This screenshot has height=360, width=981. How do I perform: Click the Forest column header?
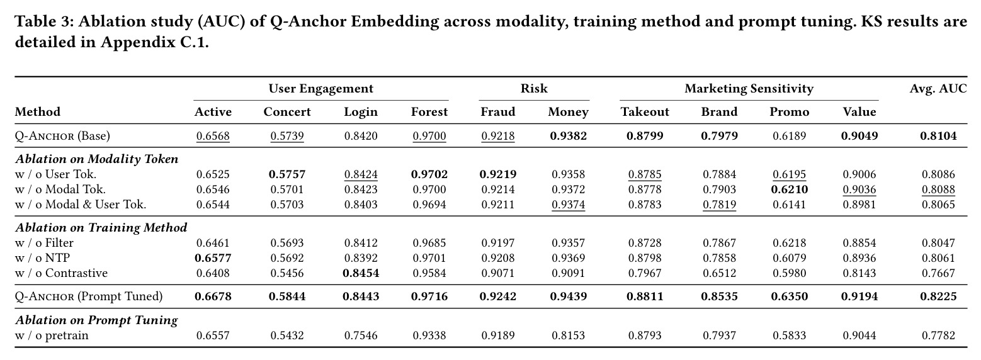click(429, 111)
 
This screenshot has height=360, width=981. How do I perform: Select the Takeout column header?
click(645, 111)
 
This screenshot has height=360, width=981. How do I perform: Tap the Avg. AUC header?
click(938, 89)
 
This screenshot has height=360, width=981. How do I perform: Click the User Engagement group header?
click(321, 89)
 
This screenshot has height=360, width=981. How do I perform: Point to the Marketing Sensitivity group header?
click(749, 89)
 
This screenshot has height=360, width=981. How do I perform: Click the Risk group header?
click(534, 89)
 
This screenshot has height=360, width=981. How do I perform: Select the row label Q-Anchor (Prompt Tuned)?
click(88, 296)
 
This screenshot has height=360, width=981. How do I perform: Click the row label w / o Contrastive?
click(61, 273)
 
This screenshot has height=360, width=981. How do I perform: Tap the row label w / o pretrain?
click(52, 335)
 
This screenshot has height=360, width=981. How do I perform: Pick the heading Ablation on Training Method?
click(101, 228)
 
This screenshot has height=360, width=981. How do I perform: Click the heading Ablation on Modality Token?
click(97, 159)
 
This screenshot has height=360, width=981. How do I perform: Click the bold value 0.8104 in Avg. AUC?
click(938, 136)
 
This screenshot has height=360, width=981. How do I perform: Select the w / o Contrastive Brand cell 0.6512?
click(719, 273)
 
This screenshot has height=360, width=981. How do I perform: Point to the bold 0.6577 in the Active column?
click(213, 258)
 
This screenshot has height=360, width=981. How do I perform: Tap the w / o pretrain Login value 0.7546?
click(360, 335)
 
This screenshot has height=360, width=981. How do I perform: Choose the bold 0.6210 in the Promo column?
click(789, 189)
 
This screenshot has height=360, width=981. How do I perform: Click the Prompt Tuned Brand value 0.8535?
click(719, 296)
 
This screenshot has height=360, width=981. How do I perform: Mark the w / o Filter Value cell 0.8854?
click(859, 243)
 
